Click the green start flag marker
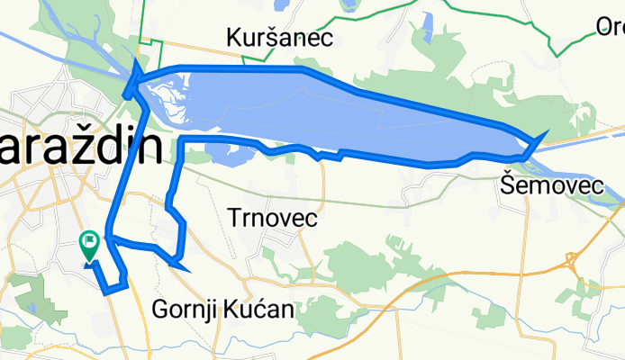tap(90, 241)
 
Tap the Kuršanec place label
tap(280, 38)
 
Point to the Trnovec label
tap(274, 218)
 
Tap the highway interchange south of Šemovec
tap(571, 261)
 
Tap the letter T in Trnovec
tap(237, 218)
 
